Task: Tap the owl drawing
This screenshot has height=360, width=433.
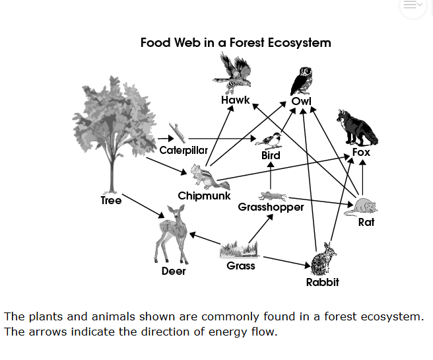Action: click(x=302, y=81)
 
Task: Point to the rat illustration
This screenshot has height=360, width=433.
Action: click(x=364, y=205)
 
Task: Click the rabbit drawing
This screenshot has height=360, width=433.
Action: click(x=323, y=260)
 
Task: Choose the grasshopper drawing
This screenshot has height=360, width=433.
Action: click(x=272, y=196)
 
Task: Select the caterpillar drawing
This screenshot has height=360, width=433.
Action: click(x=177, y=133)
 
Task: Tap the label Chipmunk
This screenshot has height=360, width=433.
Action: click(x=204, y=196)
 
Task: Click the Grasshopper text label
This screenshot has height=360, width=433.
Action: click(x=271, y=207)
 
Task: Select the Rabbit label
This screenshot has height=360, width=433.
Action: click(x=323, y=283)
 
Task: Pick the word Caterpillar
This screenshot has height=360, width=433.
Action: click(x=183, y=150)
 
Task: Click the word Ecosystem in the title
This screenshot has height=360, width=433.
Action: click(x=294, y=43)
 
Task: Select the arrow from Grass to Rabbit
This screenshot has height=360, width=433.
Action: click(x=285, y=260)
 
